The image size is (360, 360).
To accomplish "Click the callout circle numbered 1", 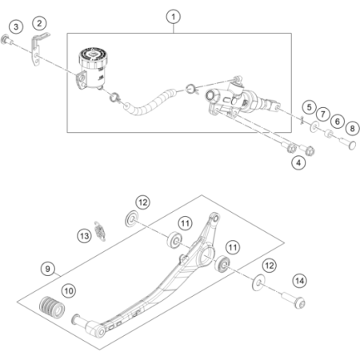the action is [174, 17].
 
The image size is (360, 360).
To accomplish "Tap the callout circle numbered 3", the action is [16, 26].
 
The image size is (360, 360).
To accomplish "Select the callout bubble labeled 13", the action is [85, 236].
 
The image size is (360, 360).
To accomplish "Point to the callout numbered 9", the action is [48, 269].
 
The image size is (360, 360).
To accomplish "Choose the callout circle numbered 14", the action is [299, 281].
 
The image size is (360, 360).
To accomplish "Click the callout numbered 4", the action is [298, 162].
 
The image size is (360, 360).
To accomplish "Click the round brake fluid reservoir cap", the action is [93, 54].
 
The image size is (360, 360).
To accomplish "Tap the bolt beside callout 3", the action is [6, 40].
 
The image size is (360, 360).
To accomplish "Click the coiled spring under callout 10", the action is [52, 307].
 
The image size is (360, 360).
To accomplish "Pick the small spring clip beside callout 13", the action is [100, 231].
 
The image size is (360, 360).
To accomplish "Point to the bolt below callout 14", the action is [294, 300].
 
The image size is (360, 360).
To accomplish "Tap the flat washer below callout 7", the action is [315, 126].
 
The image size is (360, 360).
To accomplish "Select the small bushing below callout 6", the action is [329, 134].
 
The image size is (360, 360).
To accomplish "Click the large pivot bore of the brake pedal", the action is [206, 255].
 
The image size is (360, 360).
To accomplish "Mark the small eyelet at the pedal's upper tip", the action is [215, 218].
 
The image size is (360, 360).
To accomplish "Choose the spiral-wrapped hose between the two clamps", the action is [150, 103].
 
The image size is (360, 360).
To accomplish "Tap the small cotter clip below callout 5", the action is [302, 120].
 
